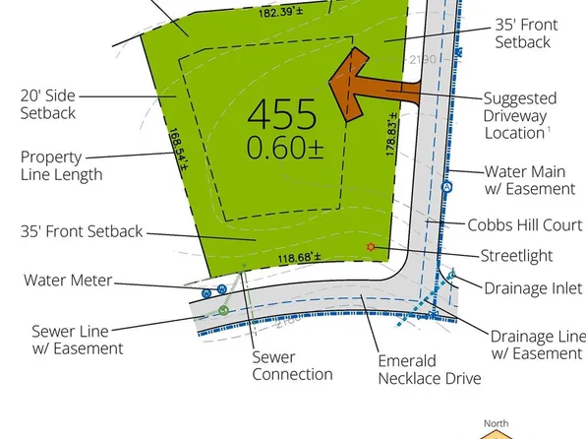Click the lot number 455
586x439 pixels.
pos(282,114)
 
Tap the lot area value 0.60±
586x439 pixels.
pos(285,148)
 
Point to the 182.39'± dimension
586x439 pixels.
pos(281,12)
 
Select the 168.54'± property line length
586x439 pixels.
pos(178,150)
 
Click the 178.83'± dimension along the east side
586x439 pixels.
pos(391,134)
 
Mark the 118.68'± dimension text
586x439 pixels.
pos(299,258)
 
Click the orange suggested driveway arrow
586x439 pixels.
pos(374,85)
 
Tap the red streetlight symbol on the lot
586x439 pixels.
pos(371,247)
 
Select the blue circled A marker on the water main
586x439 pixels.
pos(446,187)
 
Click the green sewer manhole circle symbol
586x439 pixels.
pos(223,310)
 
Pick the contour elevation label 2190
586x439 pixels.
pos(423,59)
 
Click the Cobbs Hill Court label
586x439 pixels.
pos(525,225)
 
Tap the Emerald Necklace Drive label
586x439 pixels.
pos(430,370)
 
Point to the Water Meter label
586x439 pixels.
pos(68,281)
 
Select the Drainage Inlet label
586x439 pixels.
pos(533,288)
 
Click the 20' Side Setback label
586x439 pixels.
pos(48,104)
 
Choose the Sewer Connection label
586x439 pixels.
pos(292,365)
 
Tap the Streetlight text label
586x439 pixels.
pos(516,256)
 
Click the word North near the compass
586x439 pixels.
pos(496,423)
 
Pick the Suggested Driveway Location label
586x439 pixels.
pos(520,116)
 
